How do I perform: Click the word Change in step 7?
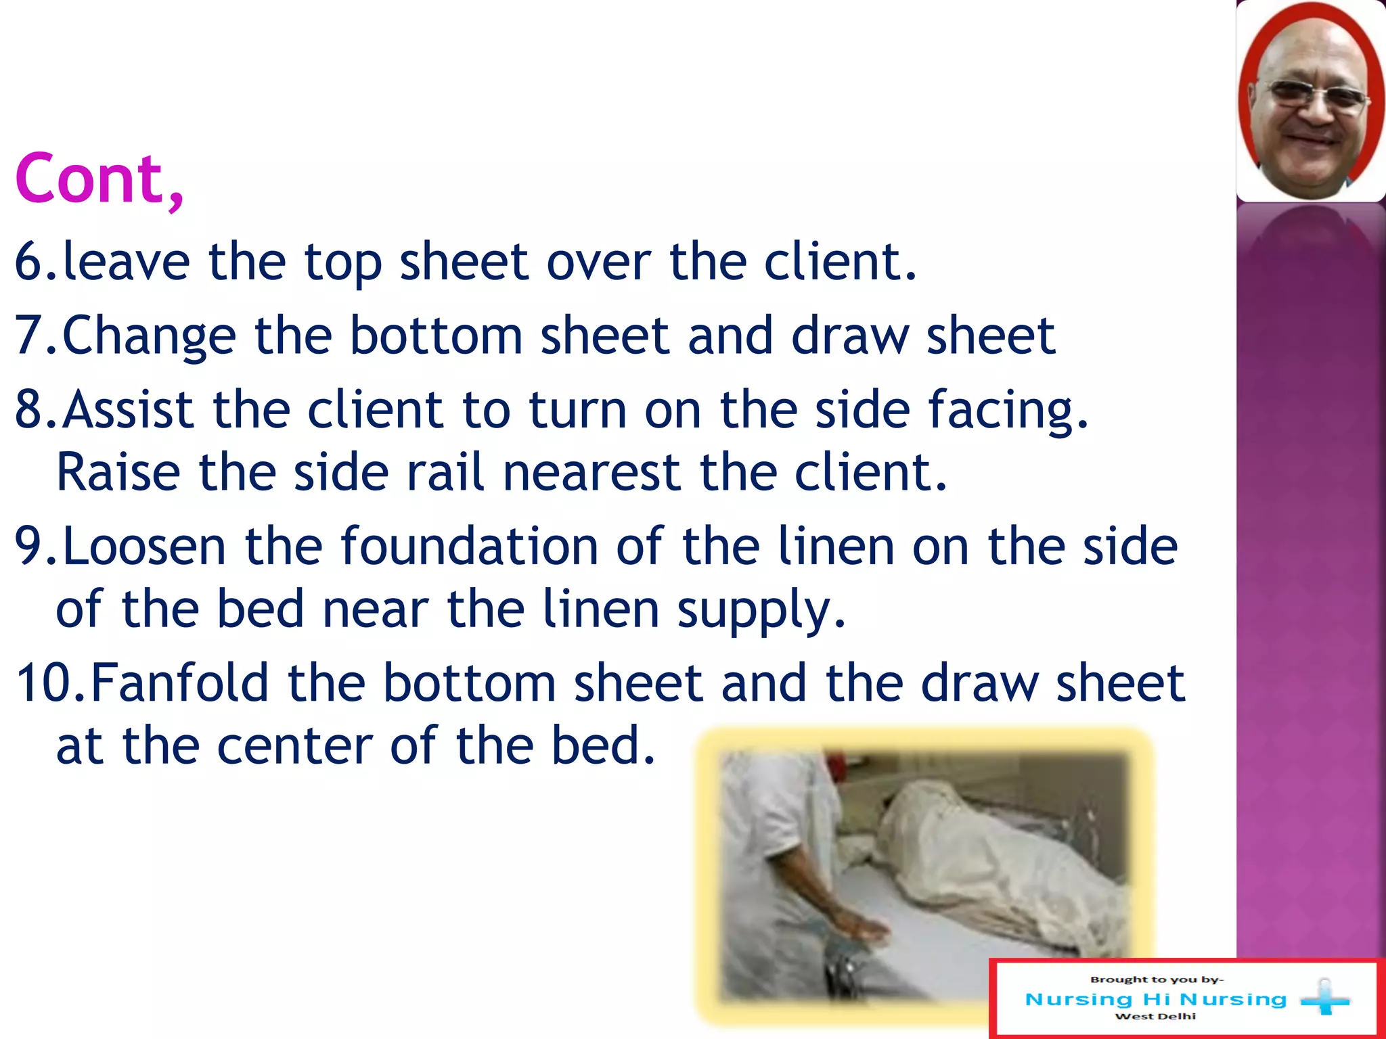[149, 336]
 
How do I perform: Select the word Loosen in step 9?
[144, 547]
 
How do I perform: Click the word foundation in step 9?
[469, 547]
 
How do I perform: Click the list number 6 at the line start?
[30, 262]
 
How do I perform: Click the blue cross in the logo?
[1324, 998]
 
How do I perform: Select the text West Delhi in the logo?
[1155, 1016]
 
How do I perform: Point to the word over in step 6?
[599, 262]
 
